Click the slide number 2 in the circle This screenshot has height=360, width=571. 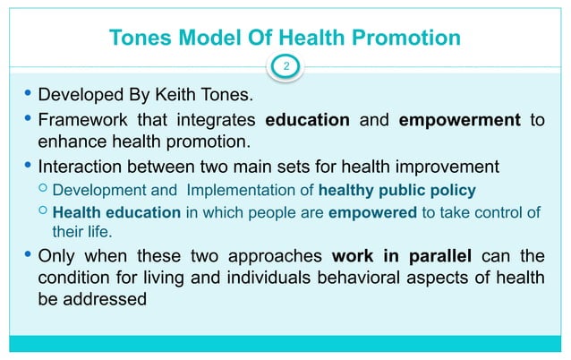pos(285,65)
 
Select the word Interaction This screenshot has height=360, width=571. pos(81,166)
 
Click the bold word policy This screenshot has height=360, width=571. pos(452,190)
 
